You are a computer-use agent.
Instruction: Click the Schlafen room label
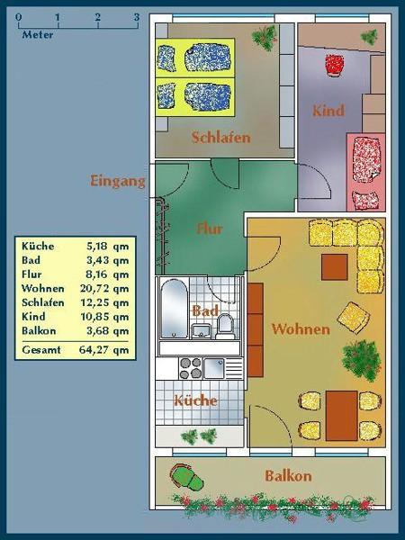220,138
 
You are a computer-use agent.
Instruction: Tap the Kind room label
328,111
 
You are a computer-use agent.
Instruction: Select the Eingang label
117,181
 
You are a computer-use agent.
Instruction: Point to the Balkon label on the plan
288,476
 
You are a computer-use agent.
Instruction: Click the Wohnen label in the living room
301,328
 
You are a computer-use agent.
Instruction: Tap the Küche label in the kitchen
195,400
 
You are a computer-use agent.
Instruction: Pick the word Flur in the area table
31,274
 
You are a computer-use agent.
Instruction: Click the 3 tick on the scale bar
137,17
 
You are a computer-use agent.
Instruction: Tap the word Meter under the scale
38,35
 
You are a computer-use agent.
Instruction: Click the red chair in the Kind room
335,65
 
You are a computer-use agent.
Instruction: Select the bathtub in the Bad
174,309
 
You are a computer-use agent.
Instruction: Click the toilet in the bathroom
225,326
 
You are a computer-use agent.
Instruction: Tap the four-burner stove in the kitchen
191,368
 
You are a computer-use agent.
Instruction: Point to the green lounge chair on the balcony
186,477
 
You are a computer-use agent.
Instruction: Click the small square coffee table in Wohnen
335,267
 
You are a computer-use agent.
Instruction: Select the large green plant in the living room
361,360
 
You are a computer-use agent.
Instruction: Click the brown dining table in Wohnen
341,416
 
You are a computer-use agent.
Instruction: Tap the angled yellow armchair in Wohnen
354,318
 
